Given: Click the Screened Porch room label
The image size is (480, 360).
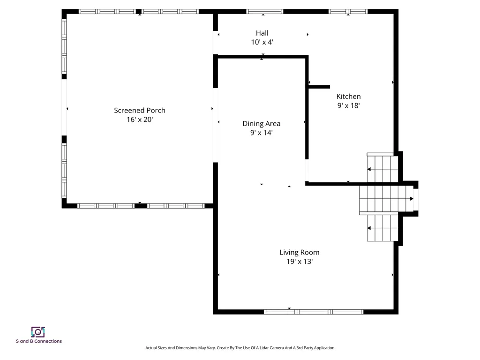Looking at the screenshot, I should (x=140, y=111).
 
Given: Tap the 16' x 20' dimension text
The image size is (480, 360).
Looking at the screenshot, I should (x=140, y=120).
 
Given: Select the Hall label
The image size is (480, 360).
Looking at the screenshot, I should (x=262, y=33).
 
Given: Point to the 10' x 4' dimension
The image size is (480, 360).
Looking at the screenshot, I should (x=262, y=42).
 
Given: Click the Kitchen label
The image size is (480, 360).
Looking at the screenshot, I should (x=348, y=97).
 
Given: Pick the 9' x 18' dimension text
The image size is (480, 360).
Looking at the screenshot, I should (x=348, y=106).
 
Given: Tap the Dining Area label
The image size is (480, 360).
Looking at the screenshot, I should (x=261, y=124).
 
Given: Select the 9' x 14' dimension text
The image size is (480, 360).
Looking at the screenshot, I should (x=261, y=133).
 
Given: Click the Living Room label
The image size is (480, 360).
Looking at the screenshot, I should (x=300, y=253).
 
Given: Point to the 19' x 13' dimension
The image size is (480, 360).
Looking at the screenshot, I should (x=300, y=262).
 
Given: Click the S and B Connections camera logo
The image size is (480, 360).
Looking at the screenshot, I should (x=38, y=332).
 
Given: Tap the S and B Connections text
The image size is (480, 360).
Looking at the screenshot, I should (x=38, y=341).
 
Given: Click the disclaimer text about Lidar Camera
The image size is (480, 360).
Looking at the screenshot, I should (x=240, y=348).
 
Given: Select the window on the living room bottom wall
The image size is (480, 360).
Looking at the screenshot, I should (x=314, y=312).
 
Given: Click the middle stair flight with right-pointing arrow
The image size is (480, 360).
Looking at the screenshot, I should (x=386, y=199).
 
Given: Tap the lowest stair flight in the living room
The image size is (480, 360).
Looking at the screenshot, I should (x=382, y=228).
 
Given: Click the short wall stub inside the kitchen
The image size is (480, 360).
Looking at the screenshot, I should (x=319, y=87).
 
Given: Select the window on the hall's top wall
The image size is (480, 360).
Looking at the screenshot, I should (x=265, y=11).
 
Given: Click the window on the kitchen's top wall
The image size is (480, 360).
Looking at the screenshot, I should (x=348, y=11).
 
